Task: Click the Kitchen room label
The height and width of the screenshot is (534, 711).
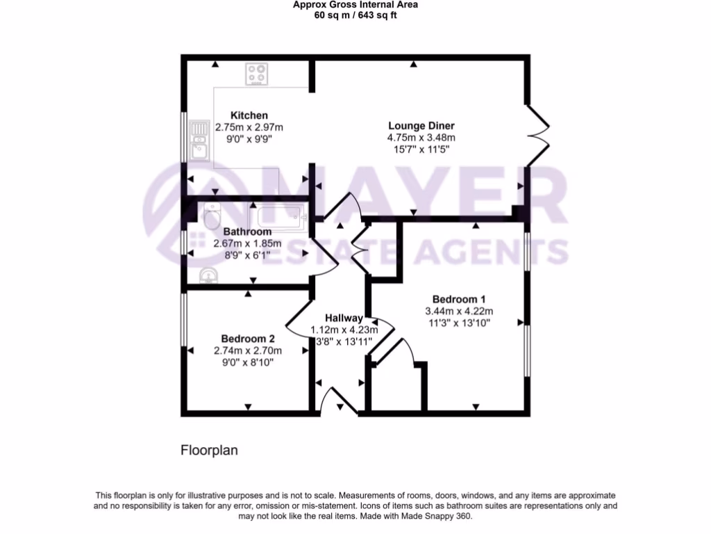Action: (249, 115)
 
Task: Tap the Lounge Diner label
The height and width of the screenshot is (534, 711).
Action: (421, 126)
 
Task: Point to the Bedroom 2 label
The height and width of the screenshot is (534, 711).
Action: (249, 339)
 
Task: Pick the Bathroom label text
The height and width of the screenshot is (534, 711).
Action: (247, 232)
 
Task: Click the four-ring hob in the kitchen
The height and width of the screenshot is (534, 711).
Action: (257, 74)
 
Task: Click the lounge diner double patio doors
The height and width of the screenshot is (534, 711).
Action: (538, 136)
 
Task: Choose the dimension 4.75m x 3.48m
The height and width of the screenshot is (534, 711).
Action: (421, 138)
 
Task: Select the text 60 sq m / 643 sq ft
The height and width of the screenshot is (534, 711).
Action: (355, 15)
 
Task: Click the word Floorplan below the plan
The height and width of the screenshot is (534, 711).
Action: (209, 450)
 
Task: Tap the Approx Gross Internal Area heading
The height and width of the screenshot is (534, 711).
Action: (355, 4)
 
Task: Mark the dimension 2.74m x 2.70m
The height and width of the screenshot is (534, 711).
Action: (249, 351)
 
